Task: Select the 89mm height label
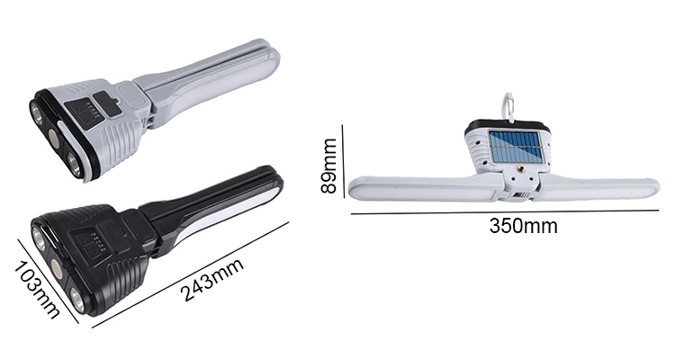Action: click(330, 166)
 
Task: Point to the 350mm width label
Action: click(523, 225)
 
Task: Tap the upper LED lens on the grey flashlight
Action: click(38, 113)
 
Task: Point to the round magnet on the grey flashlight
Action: click(56, 138)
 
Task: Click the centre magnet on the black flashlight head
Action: click(57, 269)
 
